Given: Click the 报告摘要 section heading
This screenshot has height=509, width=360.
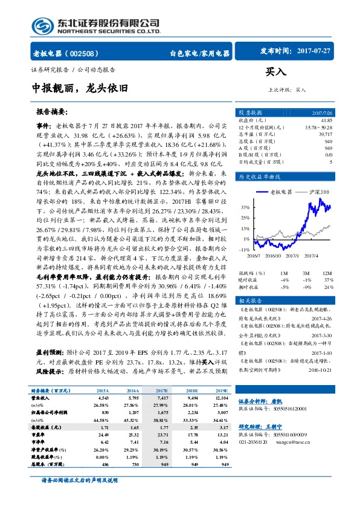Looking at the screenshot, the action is tap(52, 112).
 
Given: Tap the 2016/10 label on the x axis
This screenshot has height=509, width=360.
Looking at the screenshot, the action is tap(274, 256).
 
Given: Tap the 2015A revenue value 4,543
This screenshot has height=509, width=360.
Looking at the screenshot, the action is tap(103, 398).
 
